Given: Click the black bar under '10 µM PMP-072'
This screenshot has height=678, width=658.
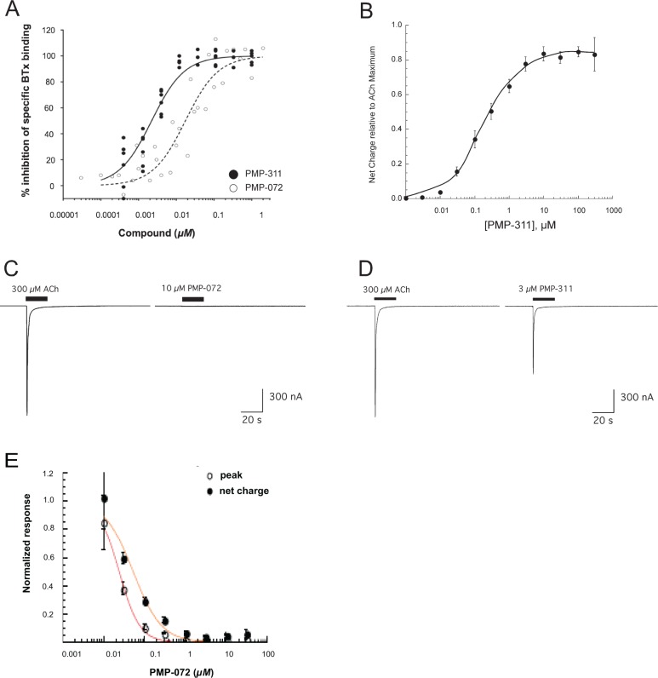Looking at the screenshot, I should pyautogui.click(x=192, y=299).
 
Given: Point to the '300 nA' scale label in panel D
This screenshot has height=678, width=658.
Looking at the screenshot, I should pyautogui.click(x=638, y=397).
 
